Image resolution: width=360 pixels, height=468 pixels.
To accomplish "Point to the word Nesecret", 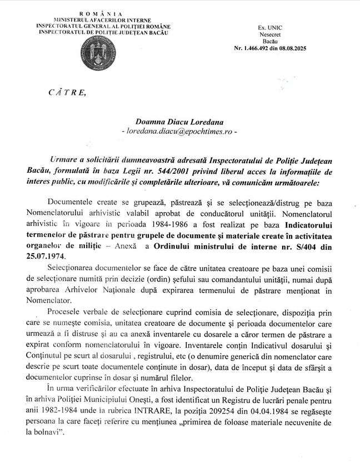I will pyautogui.click(x=270, y=34).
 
